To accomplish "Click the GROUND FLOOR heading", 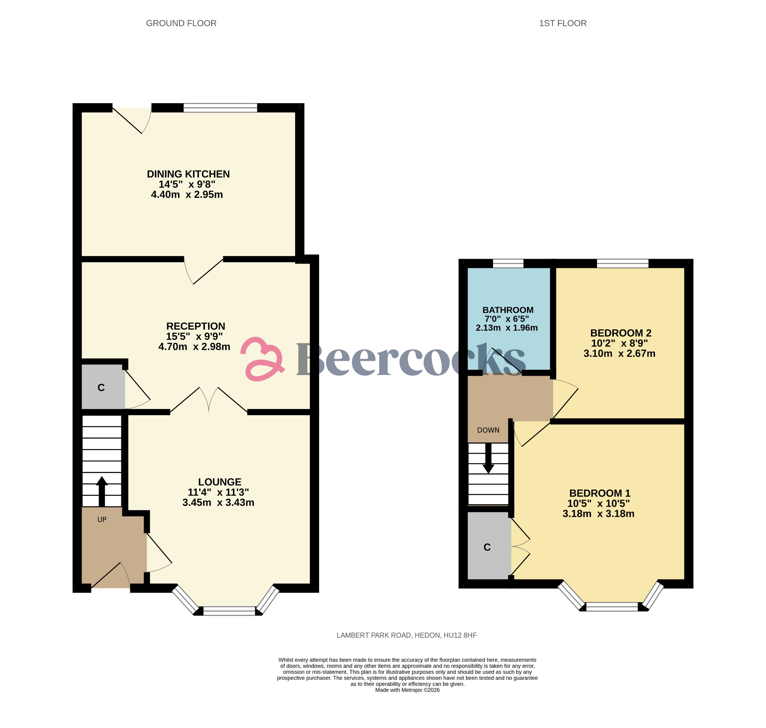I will (x=181, y=23).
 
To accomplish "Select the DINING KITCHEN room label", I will (x=188, y=174).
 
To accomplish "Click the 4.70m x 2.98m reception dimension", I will (x=194, y=347).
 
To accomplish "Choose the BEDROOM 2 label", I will (x=621, y=333).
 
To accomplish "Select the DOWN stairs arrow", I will (x=488, y=458).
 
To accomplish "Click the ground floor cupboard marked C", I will (x=101, y=387).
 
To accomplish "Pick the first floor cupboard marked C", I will (x=487, y=547).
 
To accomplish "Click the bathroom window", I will (x=508, y=264).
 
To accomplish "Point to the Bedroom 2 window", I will (x=622, y=264).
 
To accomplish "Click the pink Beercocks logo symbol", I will (x=263, y=359).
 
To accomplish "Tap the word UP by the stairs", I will (x=102, y=520).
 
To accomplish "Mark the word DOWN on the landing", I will (x=488, y=430).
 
